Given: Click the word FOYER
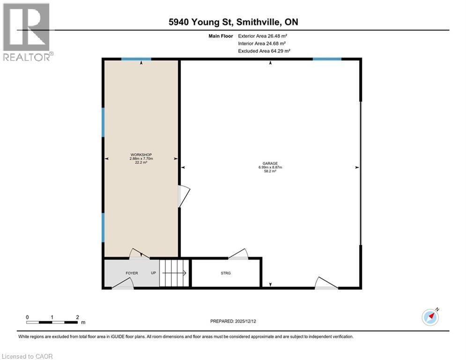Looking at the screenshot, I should pyautogui.click(x=132, y=273).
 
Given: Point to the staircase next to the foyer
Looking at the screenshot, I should pyautogui.click(x=174, y=273).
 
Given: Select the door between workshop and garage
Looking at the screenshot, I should pyautogui.click(x=184, y=196).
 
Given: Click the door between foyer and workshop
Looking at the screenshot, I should pyautogui.click(x=139, y=254).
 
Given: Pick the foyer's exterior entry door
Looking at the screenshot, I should pyautogui.click(x=123, y=283).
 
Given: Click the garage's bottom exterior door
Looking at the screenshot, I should pyautogui.click(x=326, y=283).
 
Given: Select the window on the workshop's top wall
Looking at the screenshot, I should pyautogui.click(x=136, y=59).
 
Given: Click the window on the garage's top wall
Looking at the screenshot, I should pyautogui.click(x=327, y=59).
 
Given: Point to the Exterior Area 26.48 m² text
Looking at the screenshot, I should pyautogui.click(x=262, y=36).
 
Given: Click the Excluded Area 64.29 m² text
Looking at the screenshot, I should pyautogui.click(x=264, y=51).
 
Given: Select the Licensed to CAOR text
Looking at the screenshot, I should pyautogui.click(x=28, y=356).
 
